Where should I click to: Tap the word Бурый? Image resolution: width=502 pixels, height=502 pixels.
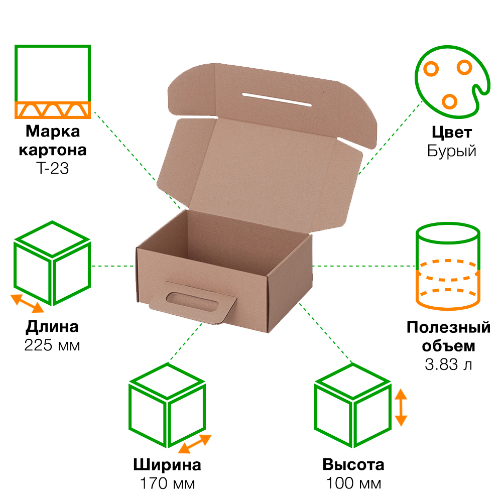(451, 151)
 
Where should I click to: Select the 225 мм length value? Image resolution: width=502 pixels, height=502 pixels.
(52, 345)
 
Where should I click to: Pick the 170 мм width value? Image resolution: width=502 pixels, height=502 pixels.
(168, 484)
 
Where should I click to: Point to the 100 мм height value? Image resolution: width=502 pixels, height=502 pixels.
(353, 484)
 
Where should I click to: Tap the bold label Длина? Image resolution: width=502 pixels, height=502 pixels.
(52, 327)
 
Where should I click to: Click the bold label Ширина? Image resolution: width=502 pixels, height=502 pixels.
(168, 465)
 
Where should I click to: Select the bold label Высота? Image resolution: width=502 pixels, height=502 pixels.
(353, 465)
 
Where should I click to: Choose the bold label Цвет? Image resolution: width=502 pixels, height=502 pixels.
(451, 133)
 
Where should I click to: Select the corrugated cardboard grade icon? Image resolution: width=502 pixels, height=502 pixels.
(52, 81)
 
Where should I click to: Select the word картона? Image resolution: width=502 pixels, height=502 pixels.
(52, 150)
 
